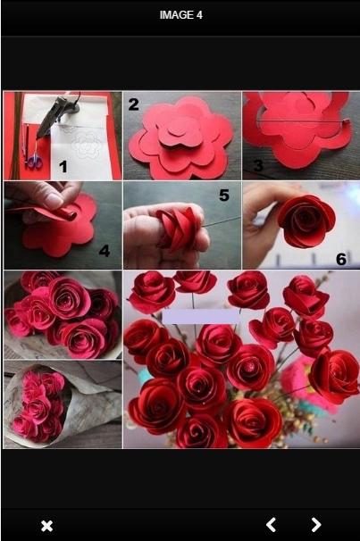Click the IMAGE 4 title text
click(x=180, y=15)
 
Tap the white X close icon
click(x=47, y=526)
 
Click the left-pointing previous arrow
click(x=272, y=525)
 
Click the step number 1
click(x=63, y=167)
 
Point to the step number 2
click(x=133, y=104)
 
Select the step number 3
click(x=258, y=165)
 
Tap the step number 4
click(x=105, y=251)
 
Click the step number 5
click(x=224, y=196)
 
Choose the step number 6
click(x=341, y=259)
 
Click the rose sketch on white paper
click(x=85, y=145)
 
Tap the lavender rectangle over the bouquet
click(x=201, y=316)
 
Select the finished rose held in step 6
click(x=306, y=221)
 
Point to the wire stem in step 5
click(x=221, y=221)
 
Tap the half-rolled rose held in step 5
click(x=178, y=227)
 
